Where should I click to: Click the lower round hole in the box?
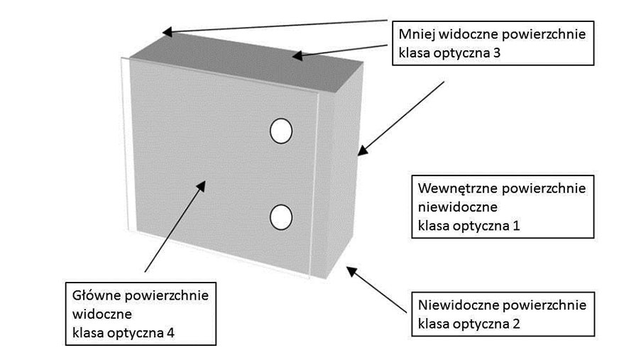coord(281,217)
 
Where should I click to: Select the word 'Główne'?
coord(92,294)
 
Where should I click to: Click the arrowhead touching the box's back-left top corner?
coord(165,32)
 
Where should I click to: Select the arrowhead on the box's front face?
coord(202,185)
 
